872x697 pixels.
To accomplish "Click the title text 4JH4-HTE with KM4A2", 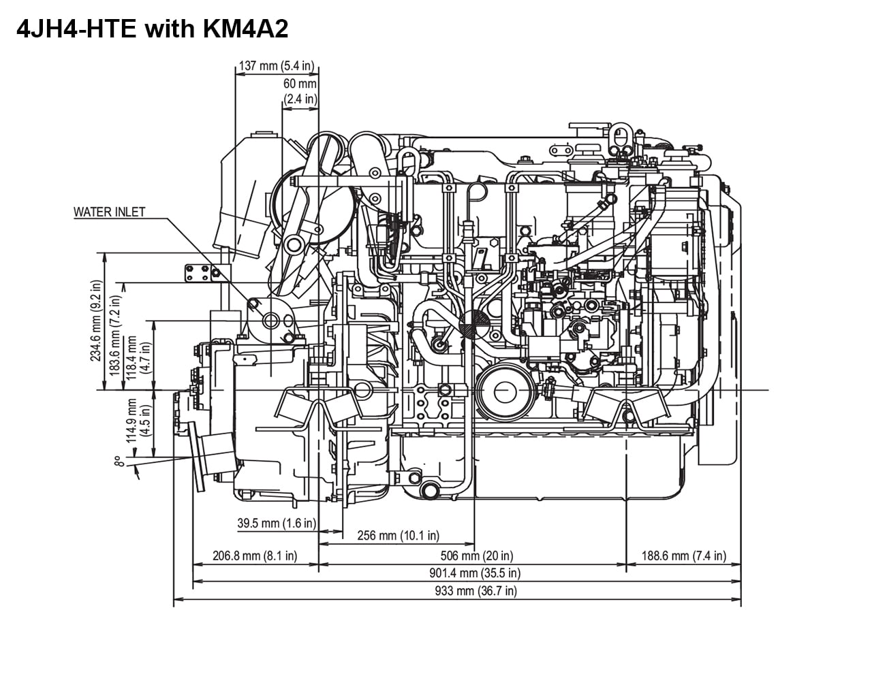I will (153, 29).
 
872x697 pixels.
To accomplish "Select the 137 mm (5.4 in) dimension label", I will (276, 66).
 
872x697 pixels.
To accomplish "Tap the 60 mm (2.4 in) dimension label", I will (300, 91).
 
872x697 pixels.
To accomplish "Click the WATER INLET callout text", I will (109, 212).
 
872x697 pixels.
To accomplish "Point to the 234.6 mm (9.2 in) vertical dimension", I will (96, 321).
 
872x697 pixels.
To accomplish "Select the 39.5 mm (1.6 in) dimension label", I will (277, 523).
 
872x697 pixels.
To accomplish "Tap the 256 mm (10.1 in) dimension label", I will (398, 536).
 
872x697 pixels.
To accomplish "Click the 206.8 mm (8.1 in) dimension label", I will (255, 555).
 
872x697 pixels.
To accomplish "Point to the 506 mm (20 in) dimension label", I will (476, 555).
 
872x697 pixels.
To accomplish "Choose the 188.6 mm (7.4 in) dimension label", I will (683, 555).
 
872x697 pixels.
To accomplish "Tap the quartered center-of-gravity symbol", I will (474, 324).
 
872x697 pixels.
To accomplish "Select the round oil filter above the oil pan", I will (505, 391).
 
